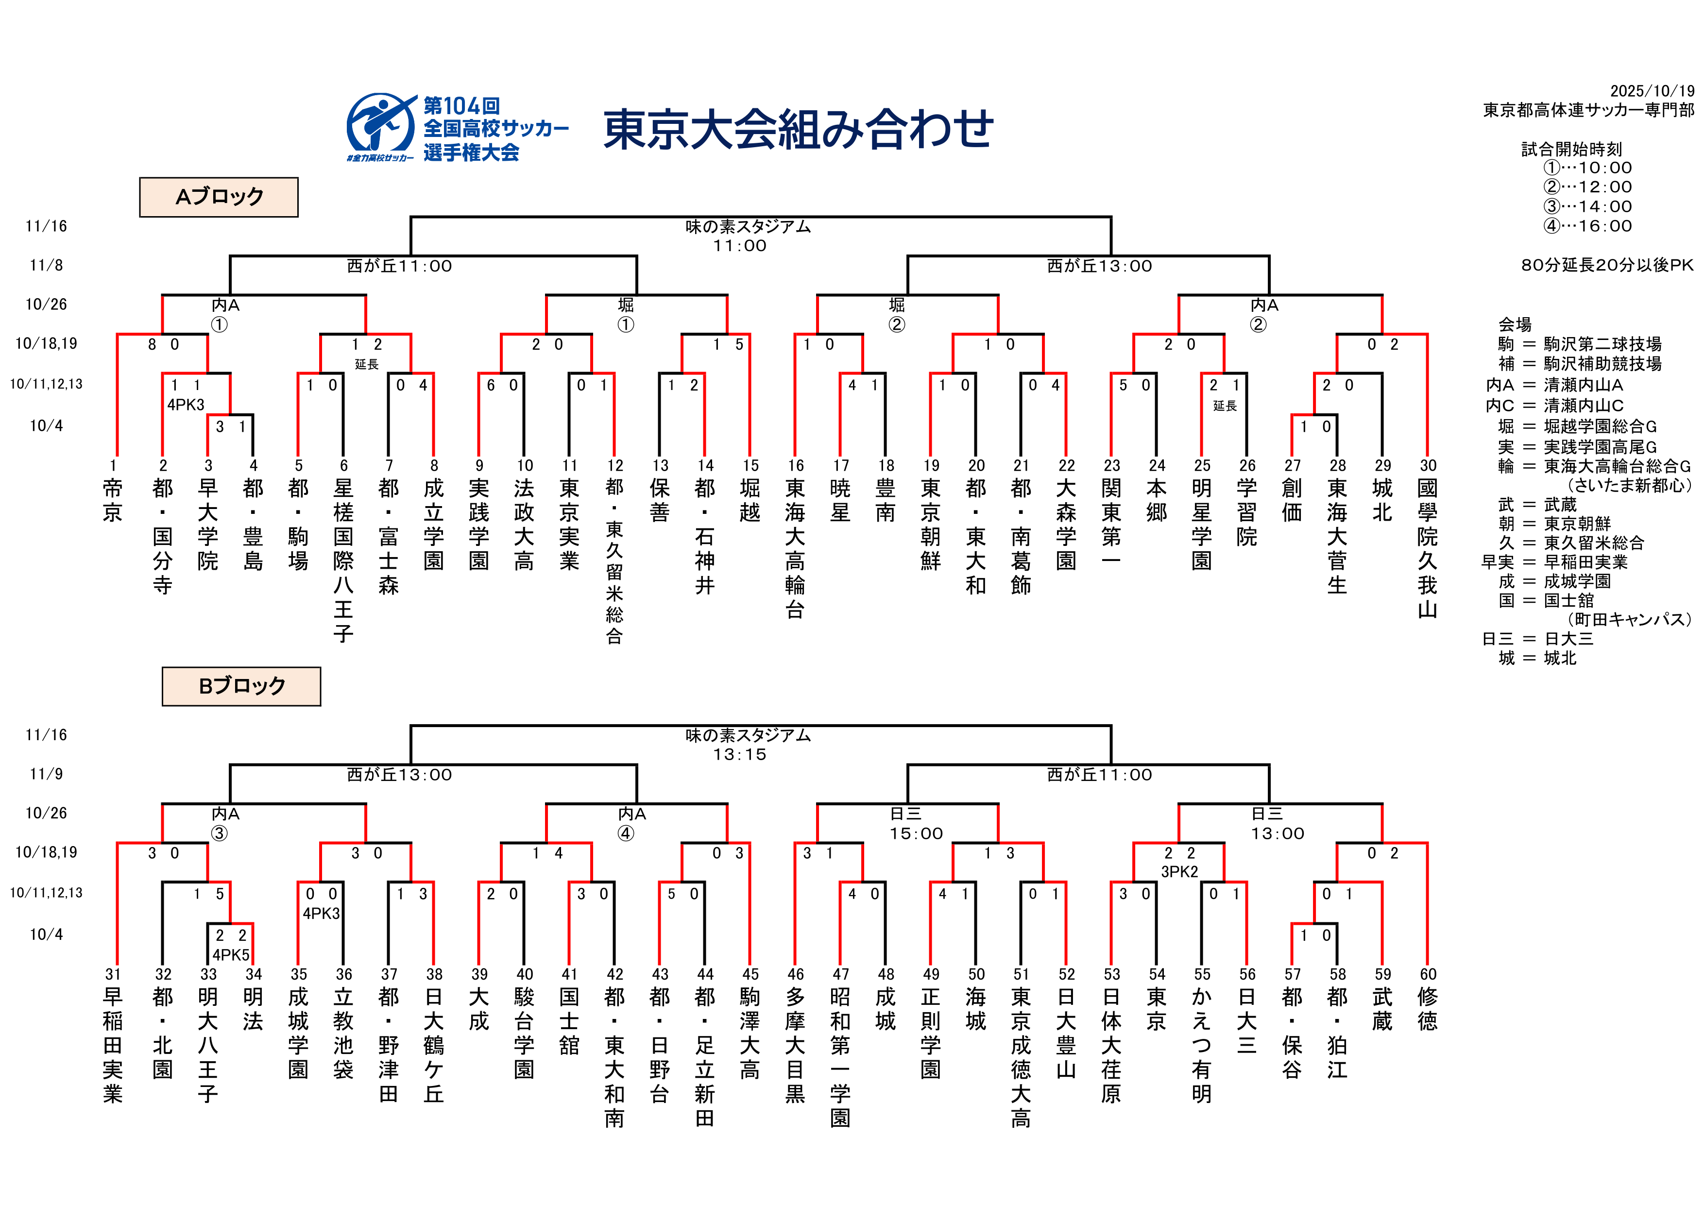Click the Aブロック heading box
219,197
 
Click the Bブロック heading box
241,686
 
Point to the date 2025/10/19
1652,90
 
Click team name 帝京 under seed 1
113,500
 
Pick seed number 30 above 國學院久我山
1428,465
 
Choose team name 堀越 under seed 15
750,500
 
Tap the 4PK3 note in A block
186,405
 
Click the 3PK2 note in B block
1179,871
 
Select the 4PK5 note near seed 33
231,955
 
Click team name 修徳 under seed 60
1428,1009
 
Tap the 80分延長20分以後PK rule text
1607,265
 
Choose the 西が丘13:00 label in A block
1099,266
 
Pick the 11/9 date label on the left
46,774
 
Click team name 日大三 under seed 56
1247,1021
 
